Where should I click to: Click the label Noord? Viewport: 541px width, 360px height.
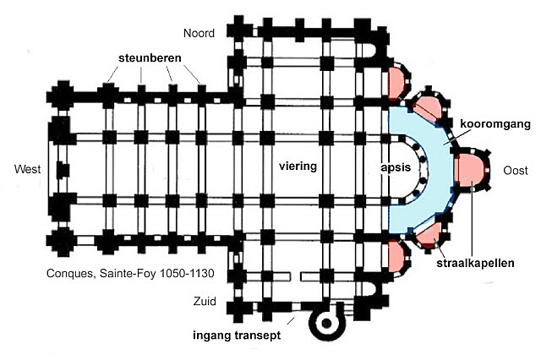tap(199, 34)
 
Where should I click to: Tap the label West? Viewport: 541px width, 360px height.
tap(28, 171)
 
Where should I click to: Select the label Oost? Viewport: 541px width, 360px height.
tap(515, 171)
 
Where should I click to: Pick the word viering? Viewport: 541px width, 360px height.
tap(298, 166)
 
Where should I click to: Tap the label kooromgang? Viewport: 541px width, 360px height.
tap(495, 123)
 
